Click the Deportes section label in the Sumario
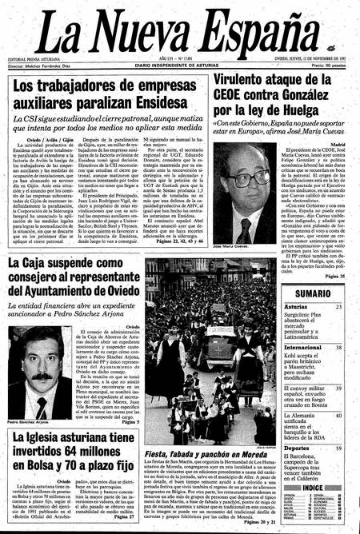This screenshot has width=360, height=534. (x=297, y=448)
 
